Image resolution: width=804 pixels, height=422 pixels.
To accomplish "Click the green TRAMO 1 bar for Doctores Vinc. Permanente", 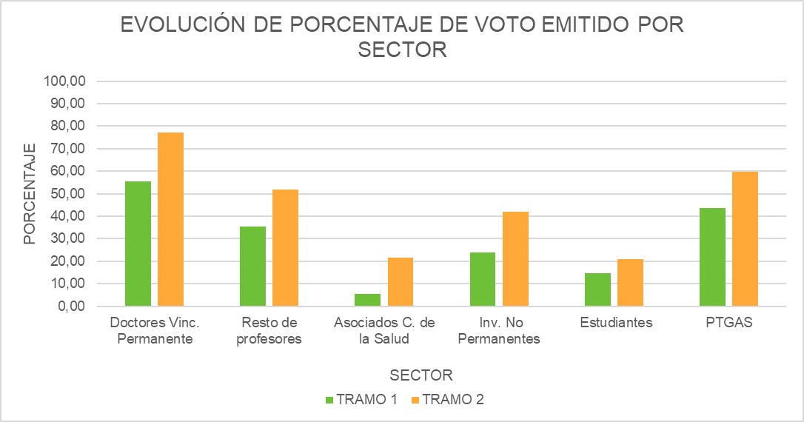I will [x=138, y=244].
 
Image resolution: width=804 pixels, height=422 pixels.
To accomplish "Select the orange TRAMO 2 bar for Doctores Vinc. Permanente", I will [x=170, y=219].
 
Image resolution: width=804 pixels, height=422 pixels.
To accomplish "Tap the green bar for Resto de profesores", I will [x=252, y=267].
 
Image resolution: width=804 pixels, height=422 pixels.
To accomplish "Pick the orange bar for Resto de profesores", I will [x=285, y=248].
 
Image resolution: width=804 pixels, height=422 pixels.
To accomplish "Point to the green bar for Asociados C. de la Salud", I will [x=368, y=300].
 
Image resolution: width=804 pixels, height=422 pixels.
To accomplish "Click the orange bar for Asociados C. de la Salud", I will [x=401, y=281].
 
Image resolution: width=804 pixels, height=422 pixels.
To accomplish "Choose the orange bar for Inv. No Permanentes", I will [x=515, y=259].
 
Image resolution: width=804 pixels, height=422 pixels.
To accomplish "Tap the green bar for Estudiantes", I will [x=597, y=289].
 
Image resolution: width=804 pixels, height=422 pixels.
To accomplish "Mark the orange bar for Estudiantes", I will [x=630, y=283].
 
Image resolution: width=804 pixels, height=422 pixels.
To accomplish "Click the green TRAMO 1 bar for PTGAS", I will [x=712, y=257].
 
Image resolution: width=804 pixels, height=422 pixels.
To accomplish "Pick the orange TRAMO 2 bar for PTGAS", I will [x=746, y=238].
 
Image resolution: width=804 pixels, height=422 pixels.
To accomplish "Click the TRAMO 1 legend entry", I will [x=362, y=400].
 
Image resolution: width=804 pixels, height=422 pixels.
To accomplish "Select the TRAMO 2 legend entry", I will [x=448, y=400].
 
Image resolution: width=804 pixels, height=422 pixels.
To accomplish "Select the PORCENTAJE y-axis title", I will [x=29, y=194].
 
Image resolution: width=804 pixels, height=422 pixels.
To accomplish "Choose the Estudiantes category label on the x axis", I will [x=616, y=324].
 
